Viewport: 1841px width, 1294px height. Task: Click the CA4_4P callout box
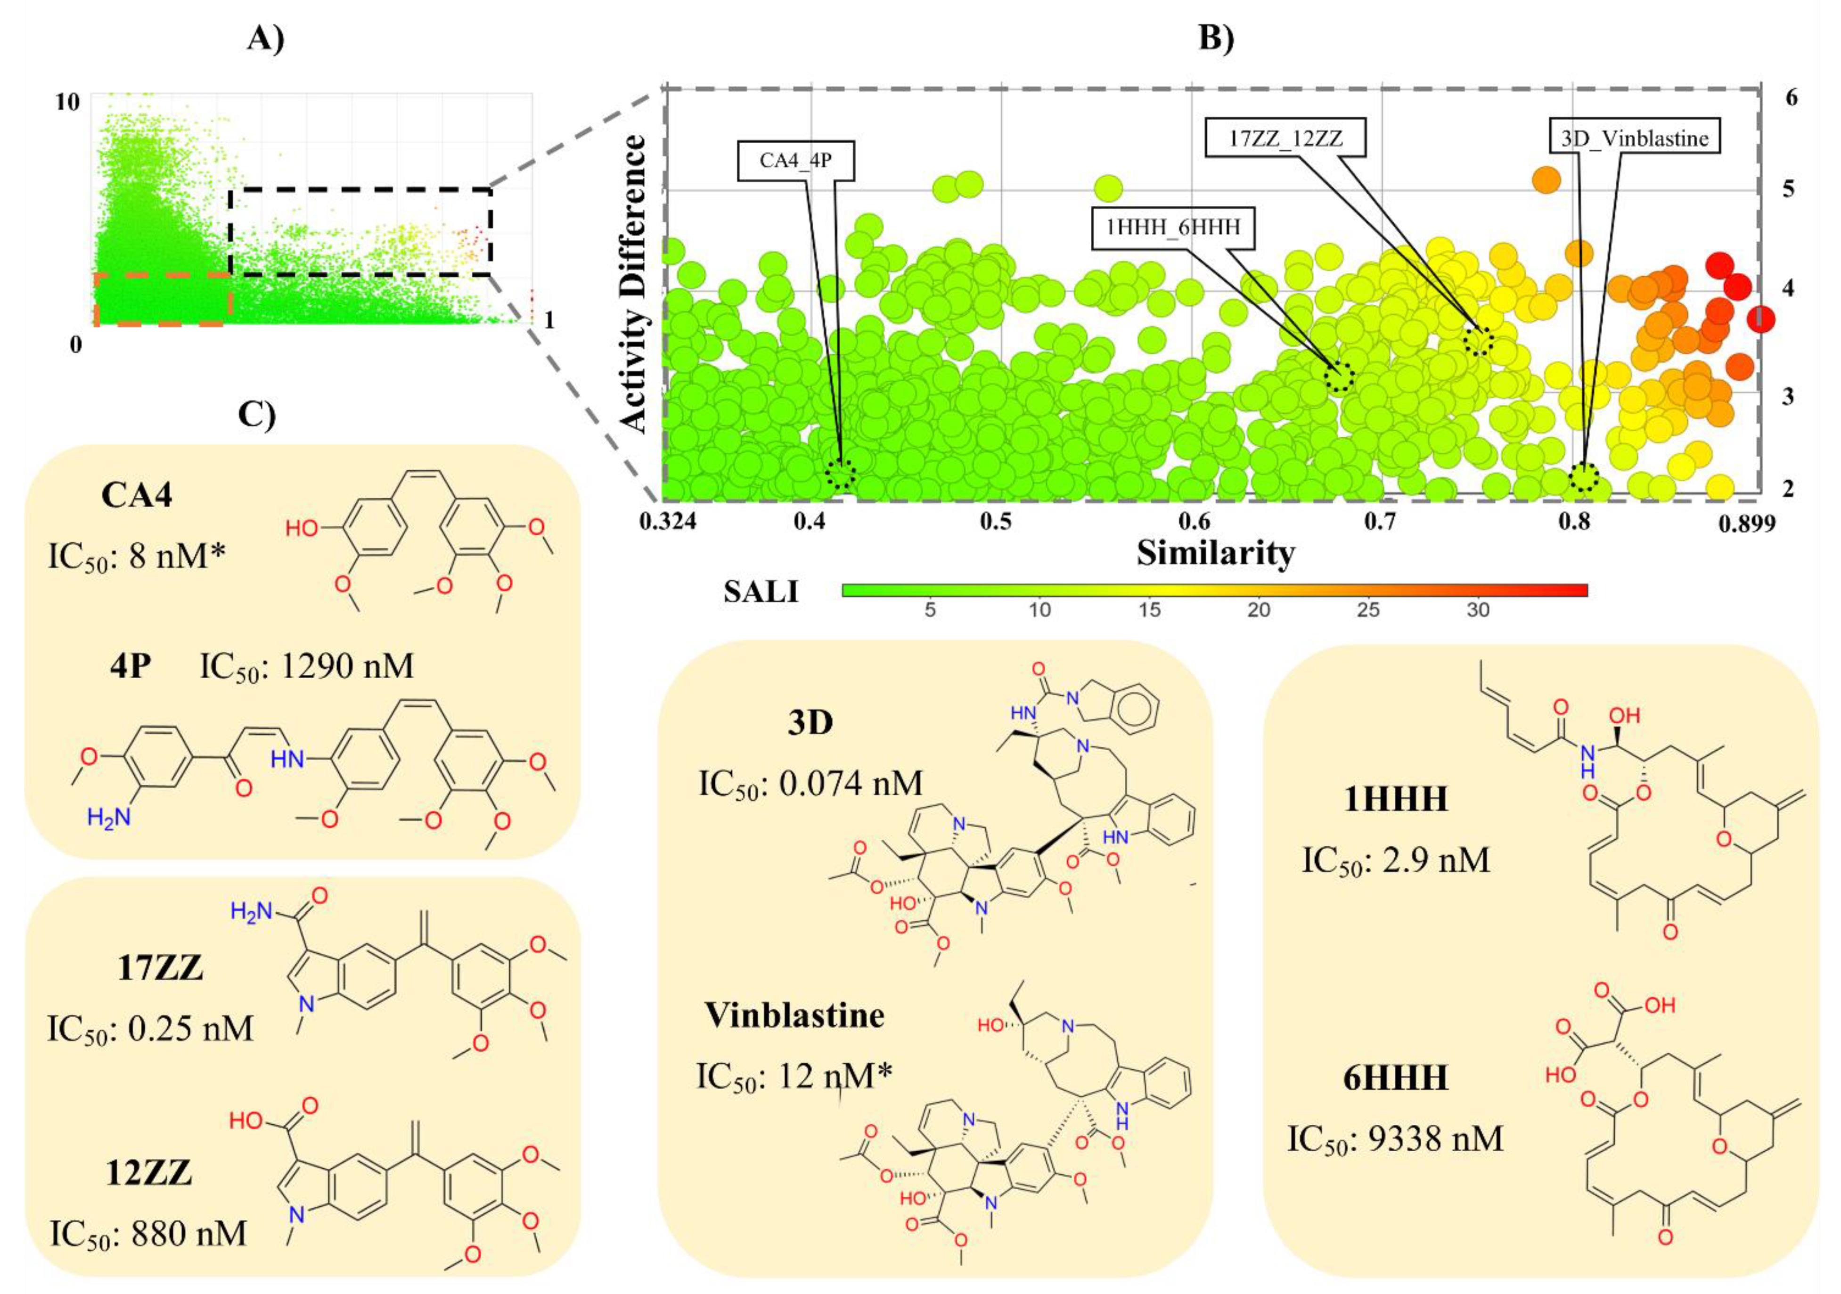(795, 160)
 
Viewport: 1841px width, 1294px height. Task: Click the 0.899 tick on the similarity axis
(1746, 524)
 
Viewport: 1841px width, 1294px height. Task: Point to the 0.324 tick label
(668, 522)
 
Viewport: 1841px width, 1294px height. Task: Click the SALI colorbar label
(760, 592)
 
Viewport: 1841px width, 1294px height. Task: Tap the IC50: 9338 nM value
(1395, 1138)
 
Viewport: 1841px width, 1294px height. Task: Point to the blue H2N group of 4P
(109, 819)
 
